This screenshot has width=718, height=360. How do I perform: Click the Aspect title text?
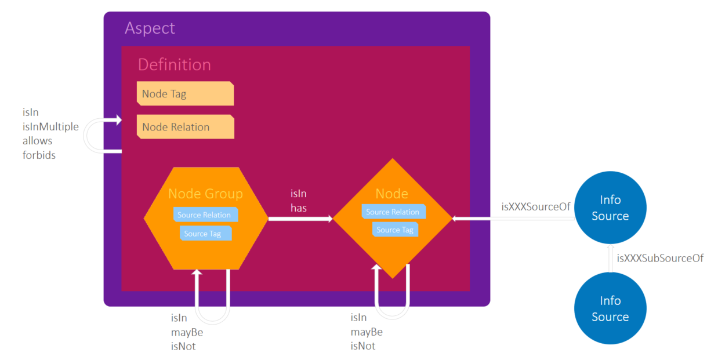click(x=150, y=28)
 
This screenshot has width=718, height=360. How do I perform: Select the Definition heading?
click(x=174, y=64)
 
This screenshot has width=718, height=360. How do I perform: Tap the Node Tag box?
click(x=185, y=94)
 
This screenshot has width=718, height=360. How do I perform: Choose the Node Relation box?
click(x=185, y=127)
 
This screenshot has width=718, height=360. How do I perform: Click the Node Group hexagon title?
click(x=205, y=194)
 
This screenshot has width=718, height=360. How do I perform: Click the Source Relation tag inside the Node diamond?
click(x=393, y=212)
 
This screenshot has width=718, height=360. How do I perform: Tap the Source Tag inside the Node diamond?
click(x=395, y=230)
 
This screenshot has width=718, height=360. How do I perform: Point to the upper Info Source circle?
click(x=610, y=208)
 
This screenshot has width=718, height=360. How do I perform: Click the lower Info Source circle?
click(x=610, y=308)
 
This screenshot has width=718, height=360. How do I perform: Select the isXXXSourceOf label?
click(x=536, y=206)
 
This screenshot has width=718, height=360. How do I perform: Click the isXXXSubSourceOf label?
click(x=660, y=259)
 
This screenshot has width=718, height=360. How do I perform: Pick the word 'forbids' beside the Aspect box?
click(x=39, y=155)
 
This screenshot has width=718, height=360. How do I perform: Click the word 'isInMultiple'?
click(x=50, y=126)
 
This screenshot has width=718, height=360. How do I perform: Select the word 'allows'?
click(x=37, y=141)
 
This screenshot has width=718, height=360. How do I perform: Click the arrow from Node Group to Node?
click(x=300, y=219)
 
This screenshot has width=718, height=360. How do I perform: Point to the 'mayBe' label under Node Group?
click(x=187, y=332)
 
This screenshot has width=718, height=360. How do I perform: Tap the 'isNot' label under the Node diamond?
click(x=362, y=346)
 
